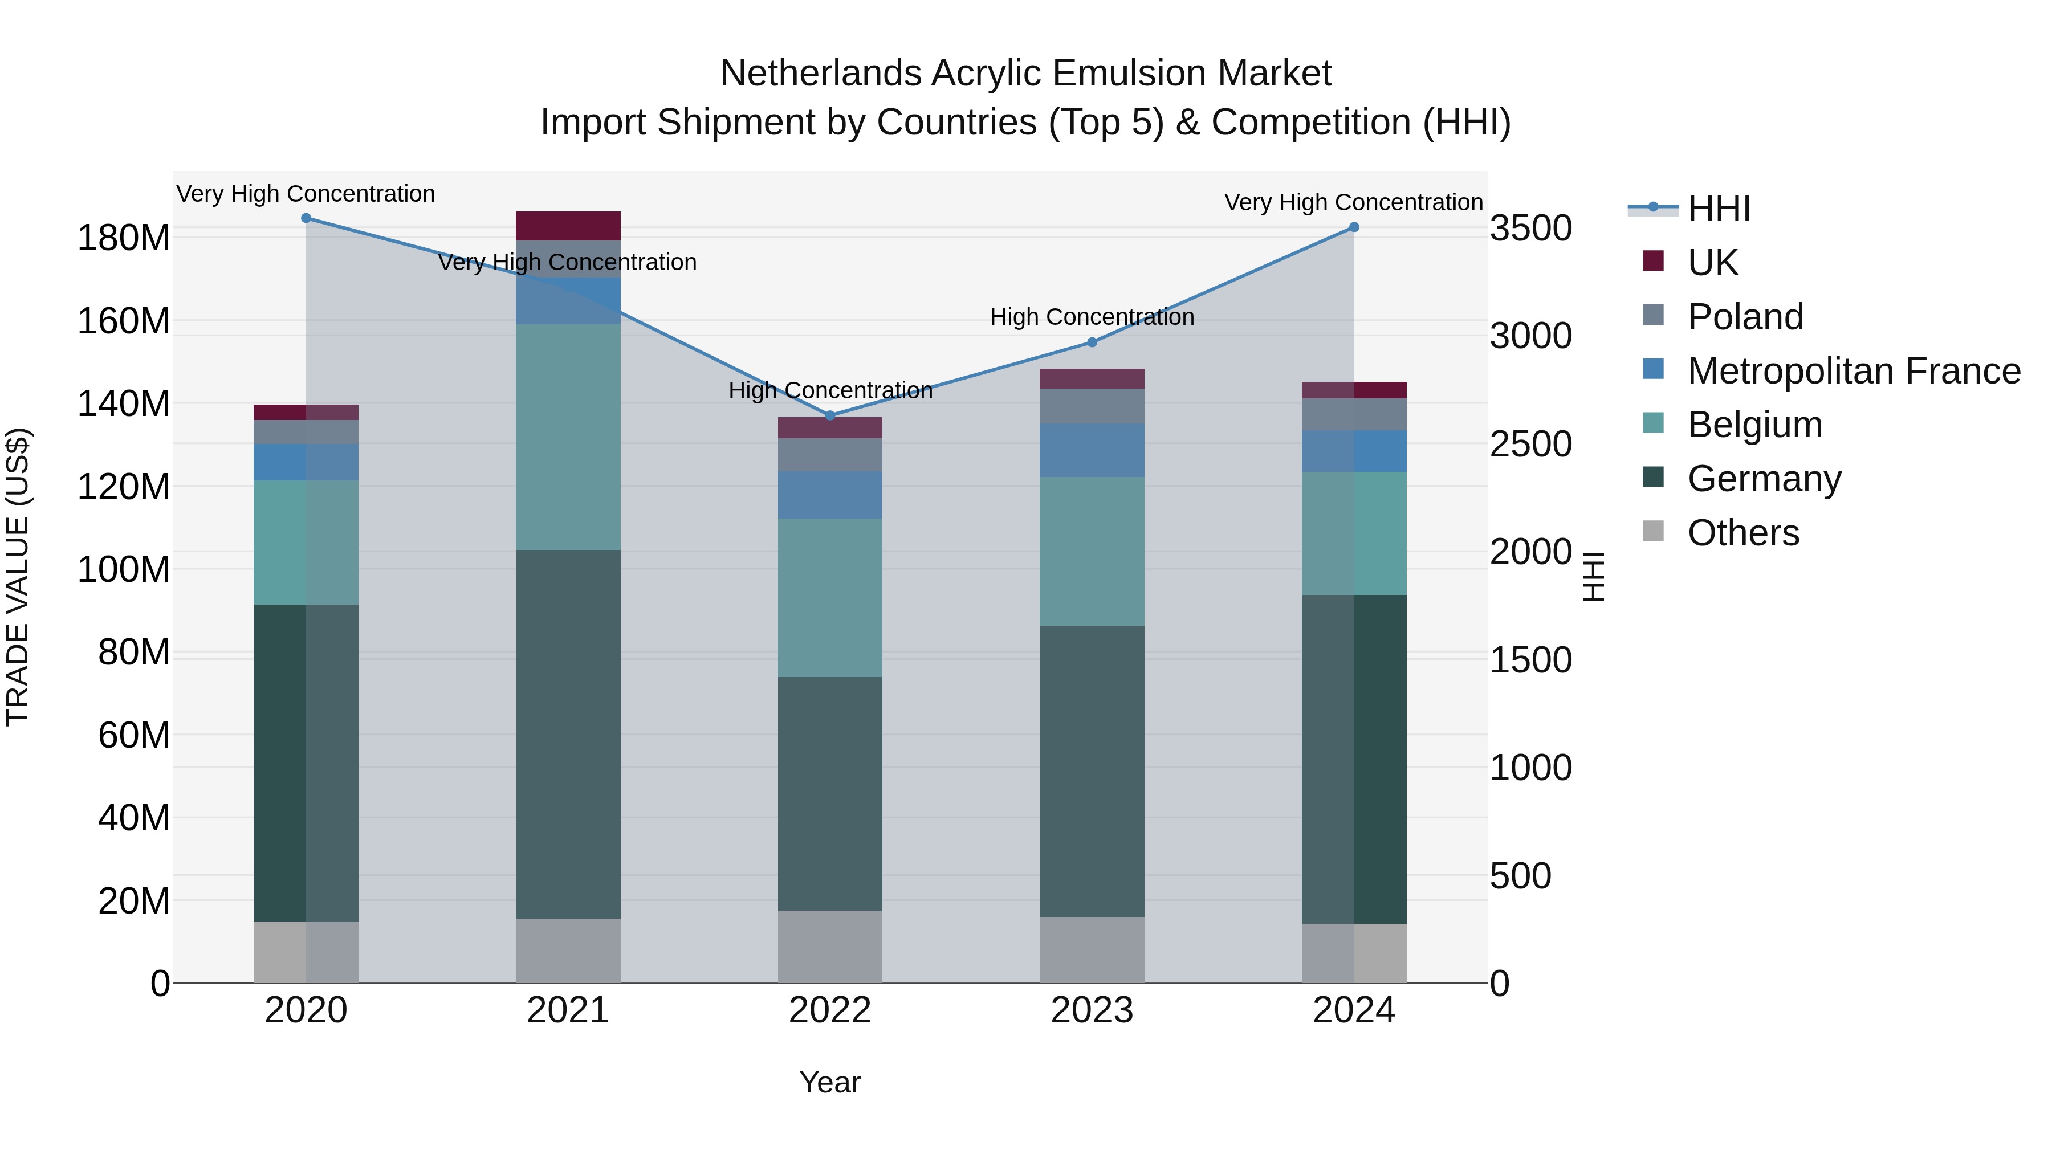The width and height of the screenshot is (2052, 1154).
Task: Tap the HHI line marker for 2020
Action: pos(306,218)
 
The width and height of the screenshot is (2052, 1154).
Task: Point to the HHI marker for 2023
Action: pos(1092,342)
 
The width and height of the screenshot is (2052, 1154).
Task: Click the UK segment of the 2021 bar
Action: pos(567,225)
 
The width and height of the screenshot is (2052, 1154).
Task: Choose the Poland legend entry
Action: pos(1745,316)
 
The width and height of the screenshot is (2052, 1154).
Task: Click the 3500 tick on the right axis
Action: pos(1530,228)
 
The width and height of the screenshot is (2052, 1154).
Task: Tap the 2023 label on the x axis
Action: pos(1092,1010)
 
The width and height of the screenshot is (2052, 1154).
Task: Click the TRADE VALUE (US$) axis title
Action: pos(18,577)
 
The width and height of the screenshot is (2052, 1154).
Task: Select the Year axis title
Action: pos(829,1082)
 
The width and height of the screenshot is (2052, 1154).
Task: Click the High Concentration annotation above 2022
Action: pos(830,390)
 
